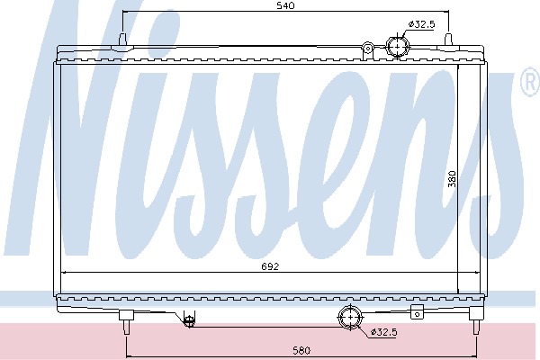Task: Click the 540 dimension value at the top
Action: (285, 5)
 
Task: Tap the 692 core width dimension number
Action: (270, 266)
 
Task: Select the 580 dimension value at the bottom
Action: (301, 350)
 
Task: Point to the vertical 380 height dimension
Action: (452, 179)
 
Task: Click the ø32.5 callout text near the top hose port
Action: (421, 24)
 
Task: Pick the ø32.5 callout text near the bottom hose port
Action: (383, 332)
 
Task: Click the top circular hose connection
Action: (398, 46)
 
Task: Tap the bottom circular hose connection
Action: (351, 318)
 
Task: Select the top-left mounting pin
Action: (122, 39)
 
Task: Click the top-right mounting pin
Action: (448, 39)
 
